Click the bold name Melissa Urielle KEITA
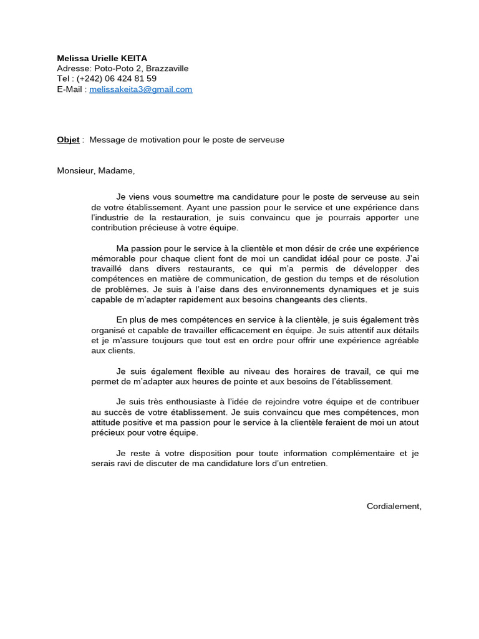pyautogui.click(x=102, y=58)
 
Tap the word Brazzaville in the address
pyautogui.click(x=167, y=69)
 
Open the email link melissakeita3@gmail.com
pyautogui.click(x=140, y=89)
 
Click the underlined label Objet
pyautogui.click(x=68, y=140)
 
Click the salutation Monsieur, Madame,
pyautogui.click(x=95, y=170)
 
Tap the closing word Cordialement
pyautogui.click(x=393, y=506)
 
